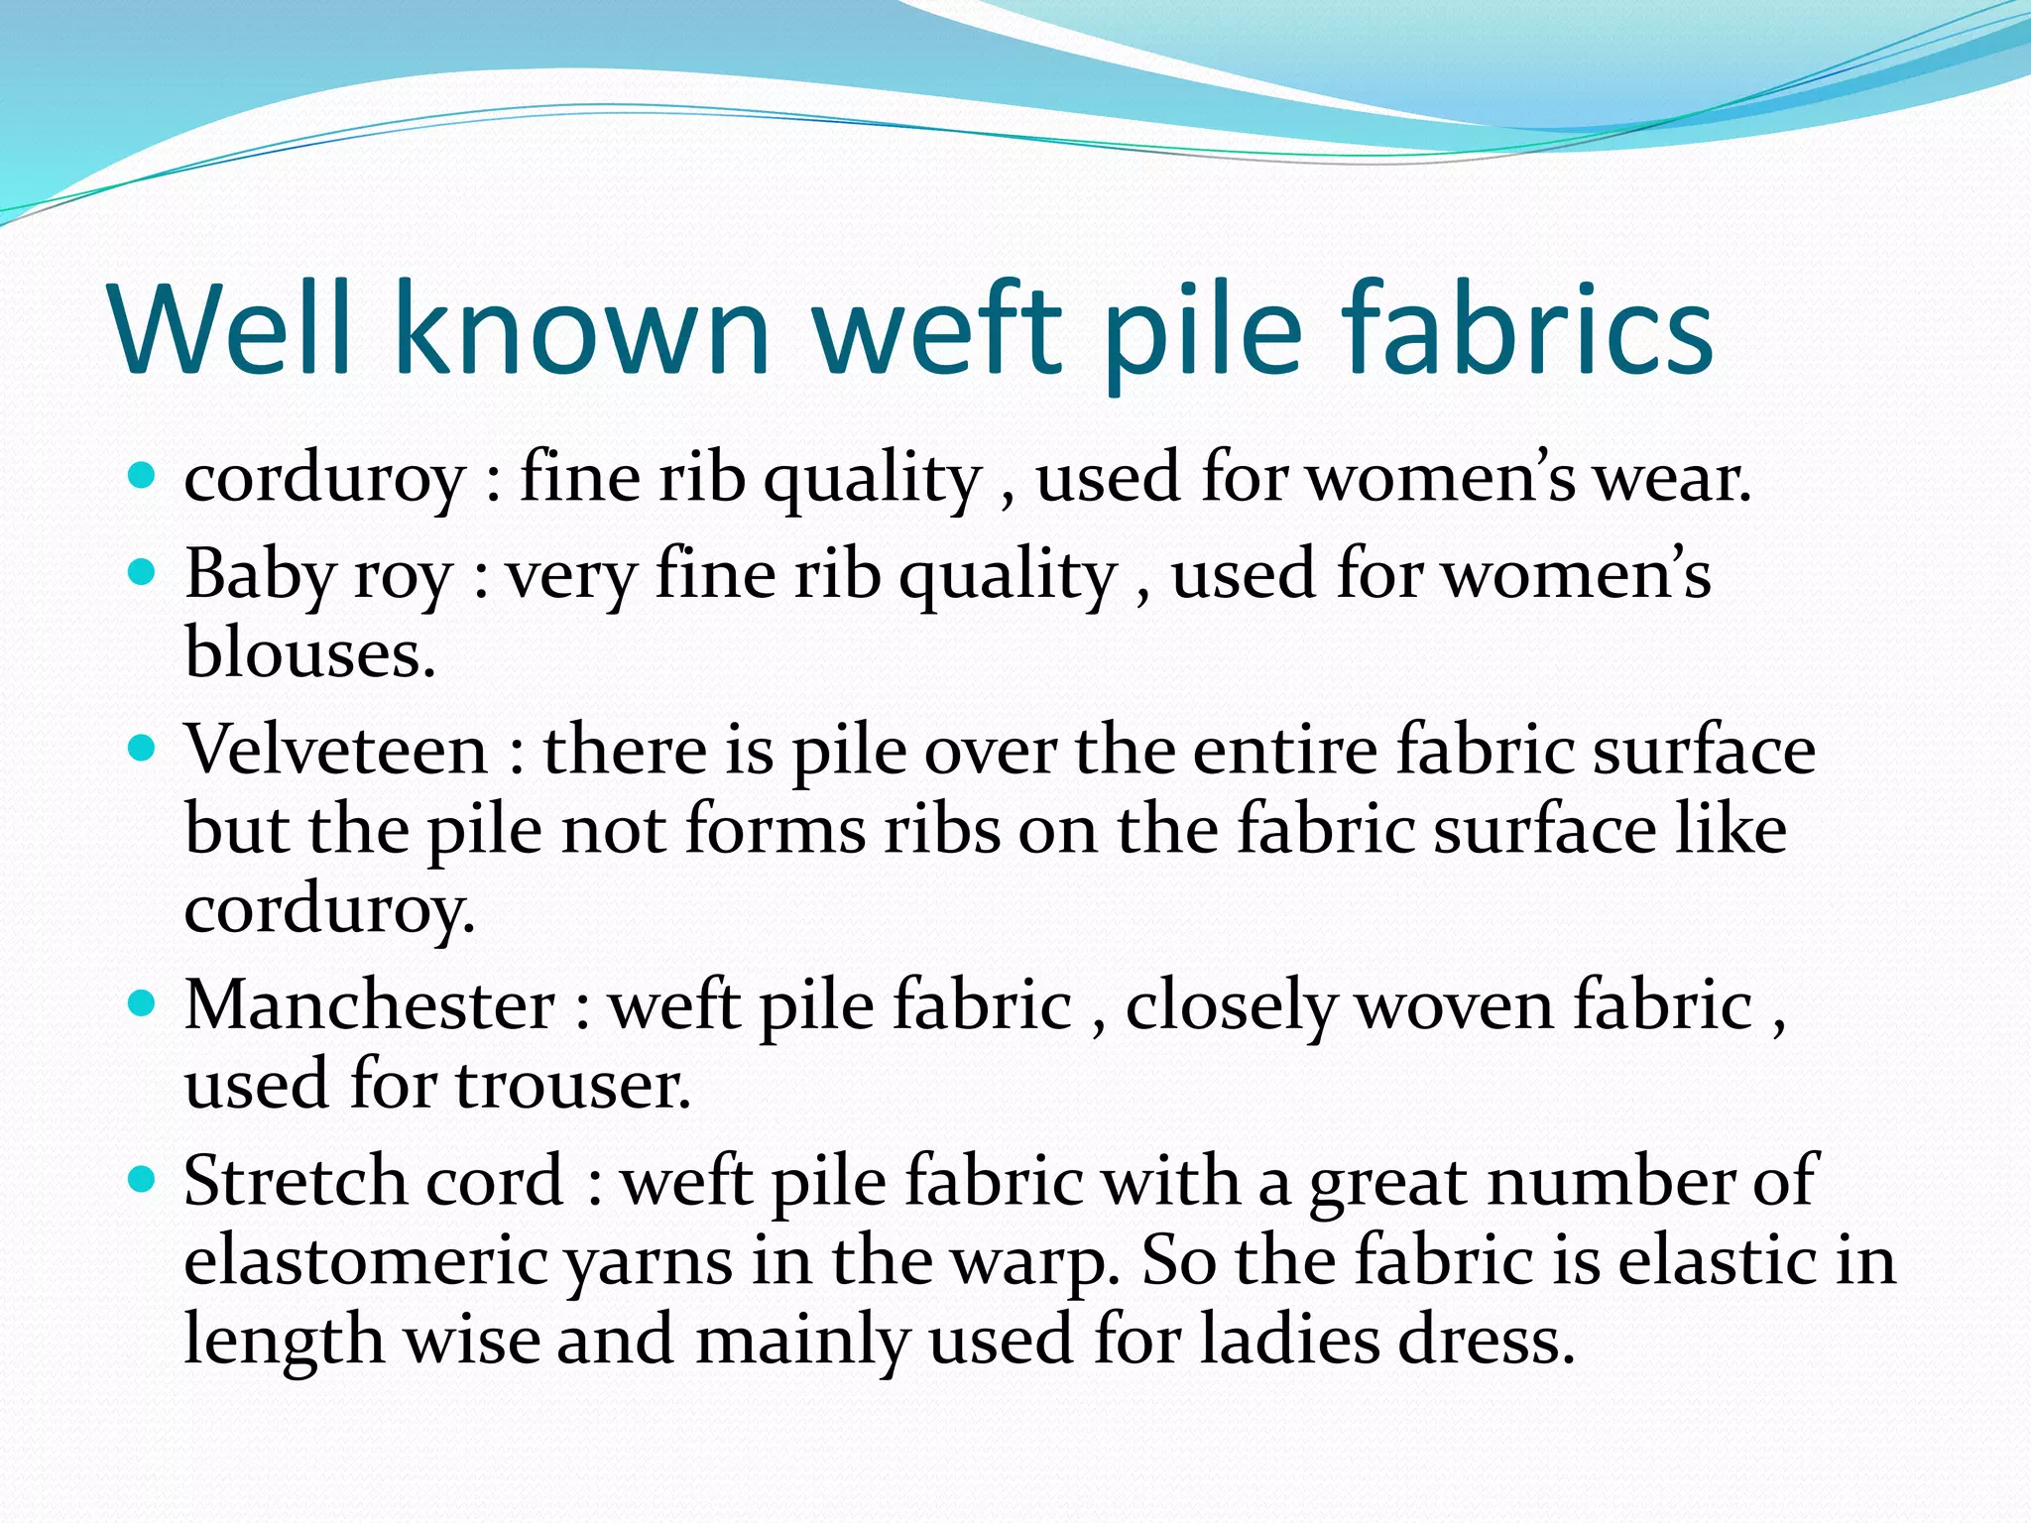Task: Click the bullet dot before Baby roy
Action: tap(143, 573)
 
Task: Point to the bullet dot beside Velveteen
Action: tap(143, 749)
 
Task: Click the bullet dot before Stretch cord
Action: tap(143, 1180)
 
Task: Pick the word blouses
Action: tap(309, 653)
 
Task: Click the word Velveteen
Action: tap(336, 751)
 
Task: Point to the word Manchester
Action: tap(370, 1006)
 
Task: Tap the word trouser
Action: tap(572, 1085)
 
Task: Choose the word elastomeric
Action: tap(365, 1261)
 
